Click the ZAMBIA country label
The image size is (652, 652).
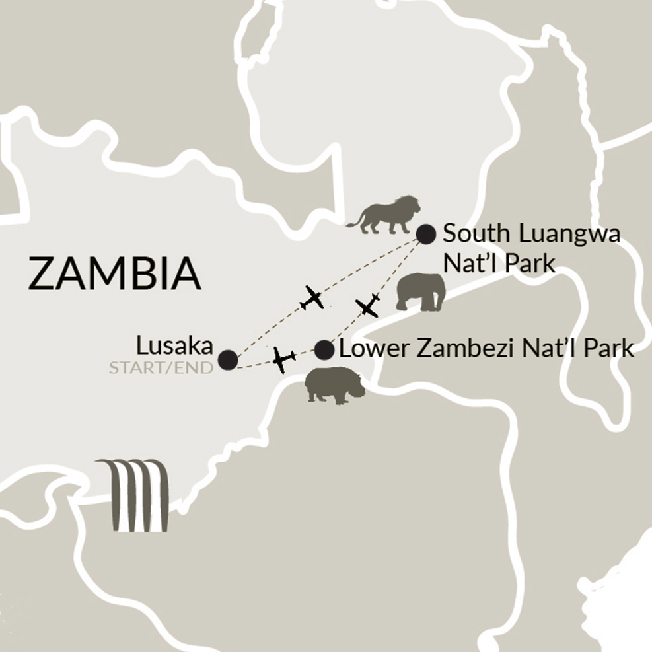coord(114,273)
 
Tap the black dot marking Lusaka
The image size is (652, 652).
coord(229,359)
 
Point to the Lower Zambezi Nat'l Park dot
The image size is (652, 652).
coord(324,350)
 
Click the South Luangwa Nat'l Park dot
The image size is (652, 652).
coord(426,233)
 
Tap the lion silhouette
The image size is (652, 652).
coord(384,215)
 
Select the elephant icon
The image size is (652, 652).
coord(420,293)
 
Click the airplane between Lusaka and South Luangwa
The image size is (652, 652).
coord(312,298)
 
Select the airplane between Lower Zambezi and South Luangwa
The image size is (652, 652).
coord(367,305)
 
